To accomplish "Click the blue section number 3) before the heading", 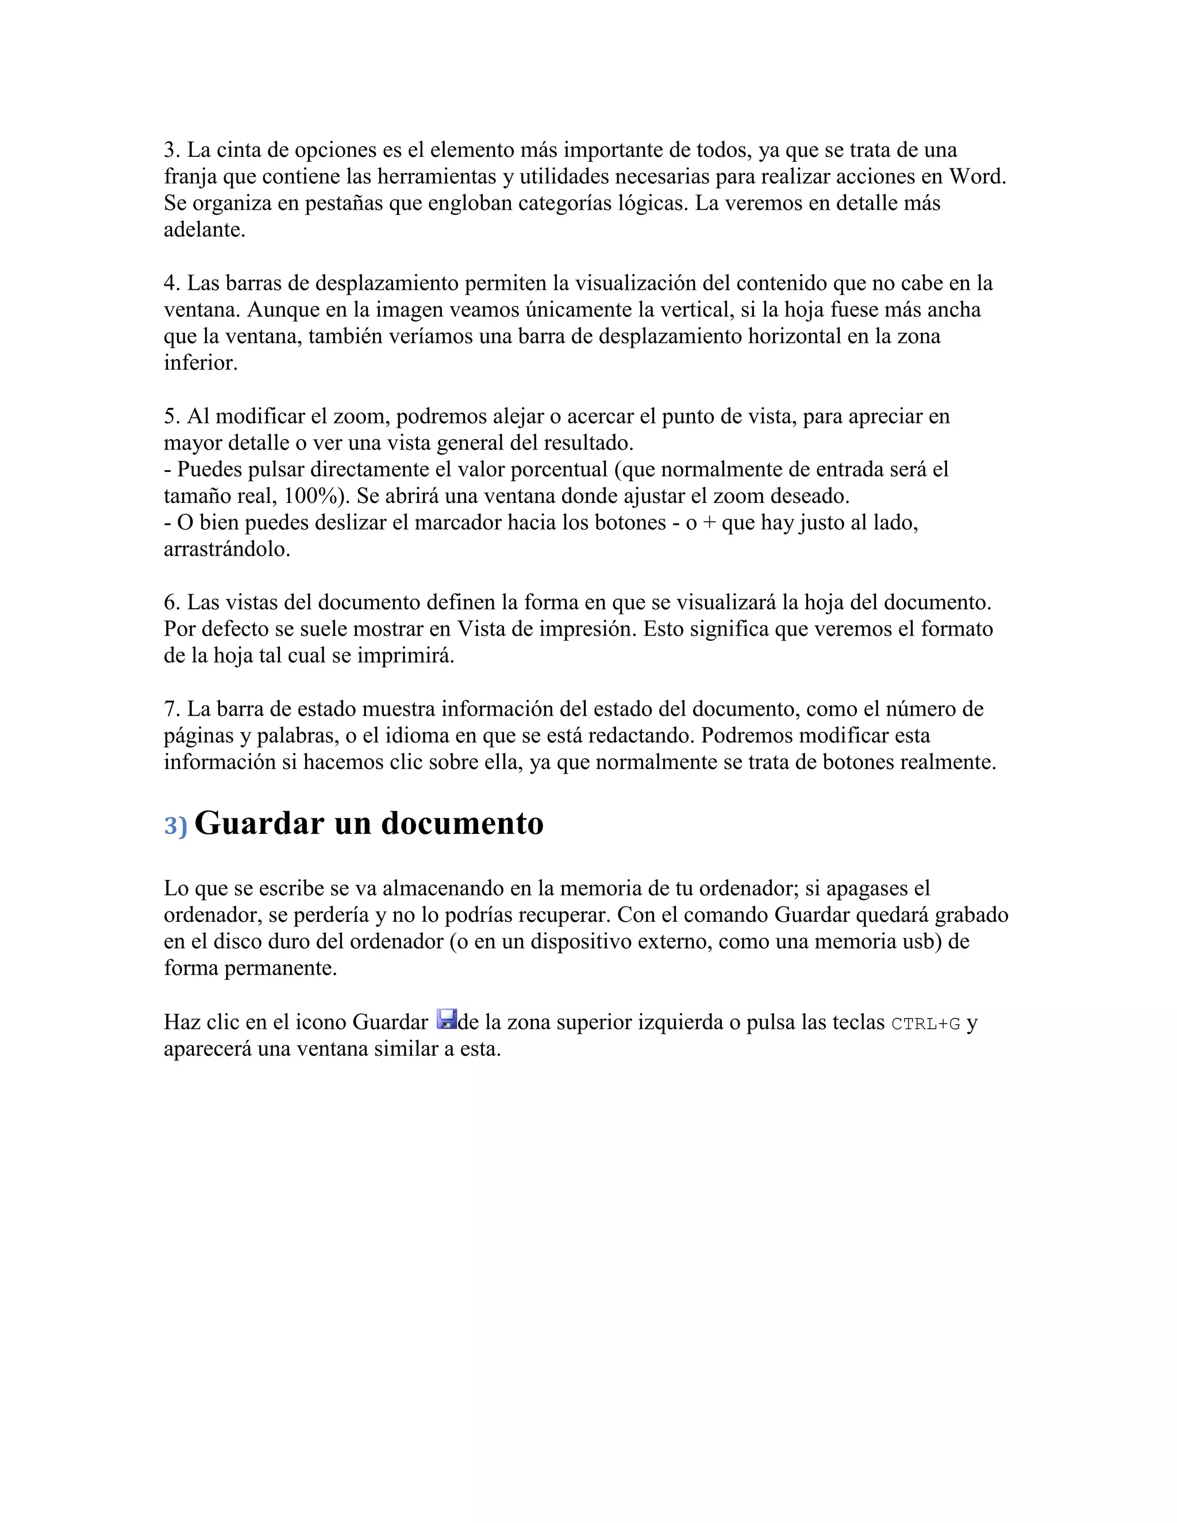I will [176, 826].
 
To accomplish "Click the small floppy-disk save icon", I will [446, 1020].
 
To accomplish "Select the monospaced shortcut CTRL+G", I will [926, 1024].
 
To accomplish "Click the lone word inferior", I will [200, 363].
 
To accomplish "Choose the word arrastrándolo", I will [226, 549].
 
